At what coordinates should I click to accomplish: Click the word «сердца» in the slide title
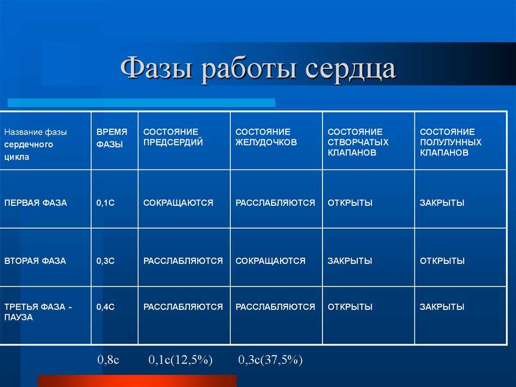coord(350,69)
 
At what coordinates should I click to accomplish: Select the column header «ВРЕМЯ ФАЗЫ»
coord(111,138)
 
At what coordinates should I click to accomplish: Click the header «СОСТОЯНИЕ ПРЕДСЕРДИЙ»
coord(173,137)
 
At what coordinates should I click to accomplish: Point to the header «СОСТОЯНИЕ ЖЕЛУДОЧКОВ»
coord(266,137)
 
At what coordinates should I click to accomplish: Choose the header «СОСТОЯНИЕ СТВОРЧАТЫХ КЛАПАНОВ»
coord(358,142)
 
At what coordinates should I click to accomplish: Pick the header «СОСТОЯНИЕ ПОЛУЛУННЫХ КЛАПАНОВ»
coord(450,142)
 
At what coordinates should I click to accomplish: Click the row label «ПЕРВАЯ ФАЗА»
coord(36,203)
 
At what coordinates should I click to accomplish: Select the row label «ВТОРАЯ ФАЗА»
coord(35,261)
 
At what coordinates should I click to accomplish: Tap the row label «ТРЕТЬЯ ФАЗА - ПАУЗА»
coord(38,312)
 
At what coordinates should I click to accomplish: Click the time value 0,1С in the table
coord(105,203)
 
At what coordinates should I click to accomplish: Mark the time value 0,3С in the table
coord(105,261)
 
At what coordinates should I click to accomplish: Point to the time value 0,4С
coord(105,307)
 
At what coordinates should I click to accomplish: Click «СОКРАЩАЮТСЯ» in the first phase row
coord(178,203)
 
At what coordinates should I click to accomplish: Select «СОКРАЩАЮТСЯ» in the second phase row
coord(270,261)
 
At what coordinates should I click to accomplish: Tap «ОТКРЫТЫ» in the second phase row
coord(442,261)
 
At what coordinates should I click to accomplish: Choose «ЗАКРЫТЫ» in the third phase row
coord(441,307)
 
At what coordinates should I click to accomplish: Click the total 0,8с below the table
coord(108,359)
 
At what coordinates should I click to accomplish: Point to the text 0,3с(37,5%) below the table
coord(270,360)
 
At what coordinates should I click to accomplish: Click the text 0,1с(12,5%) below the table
coord(180,360)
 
